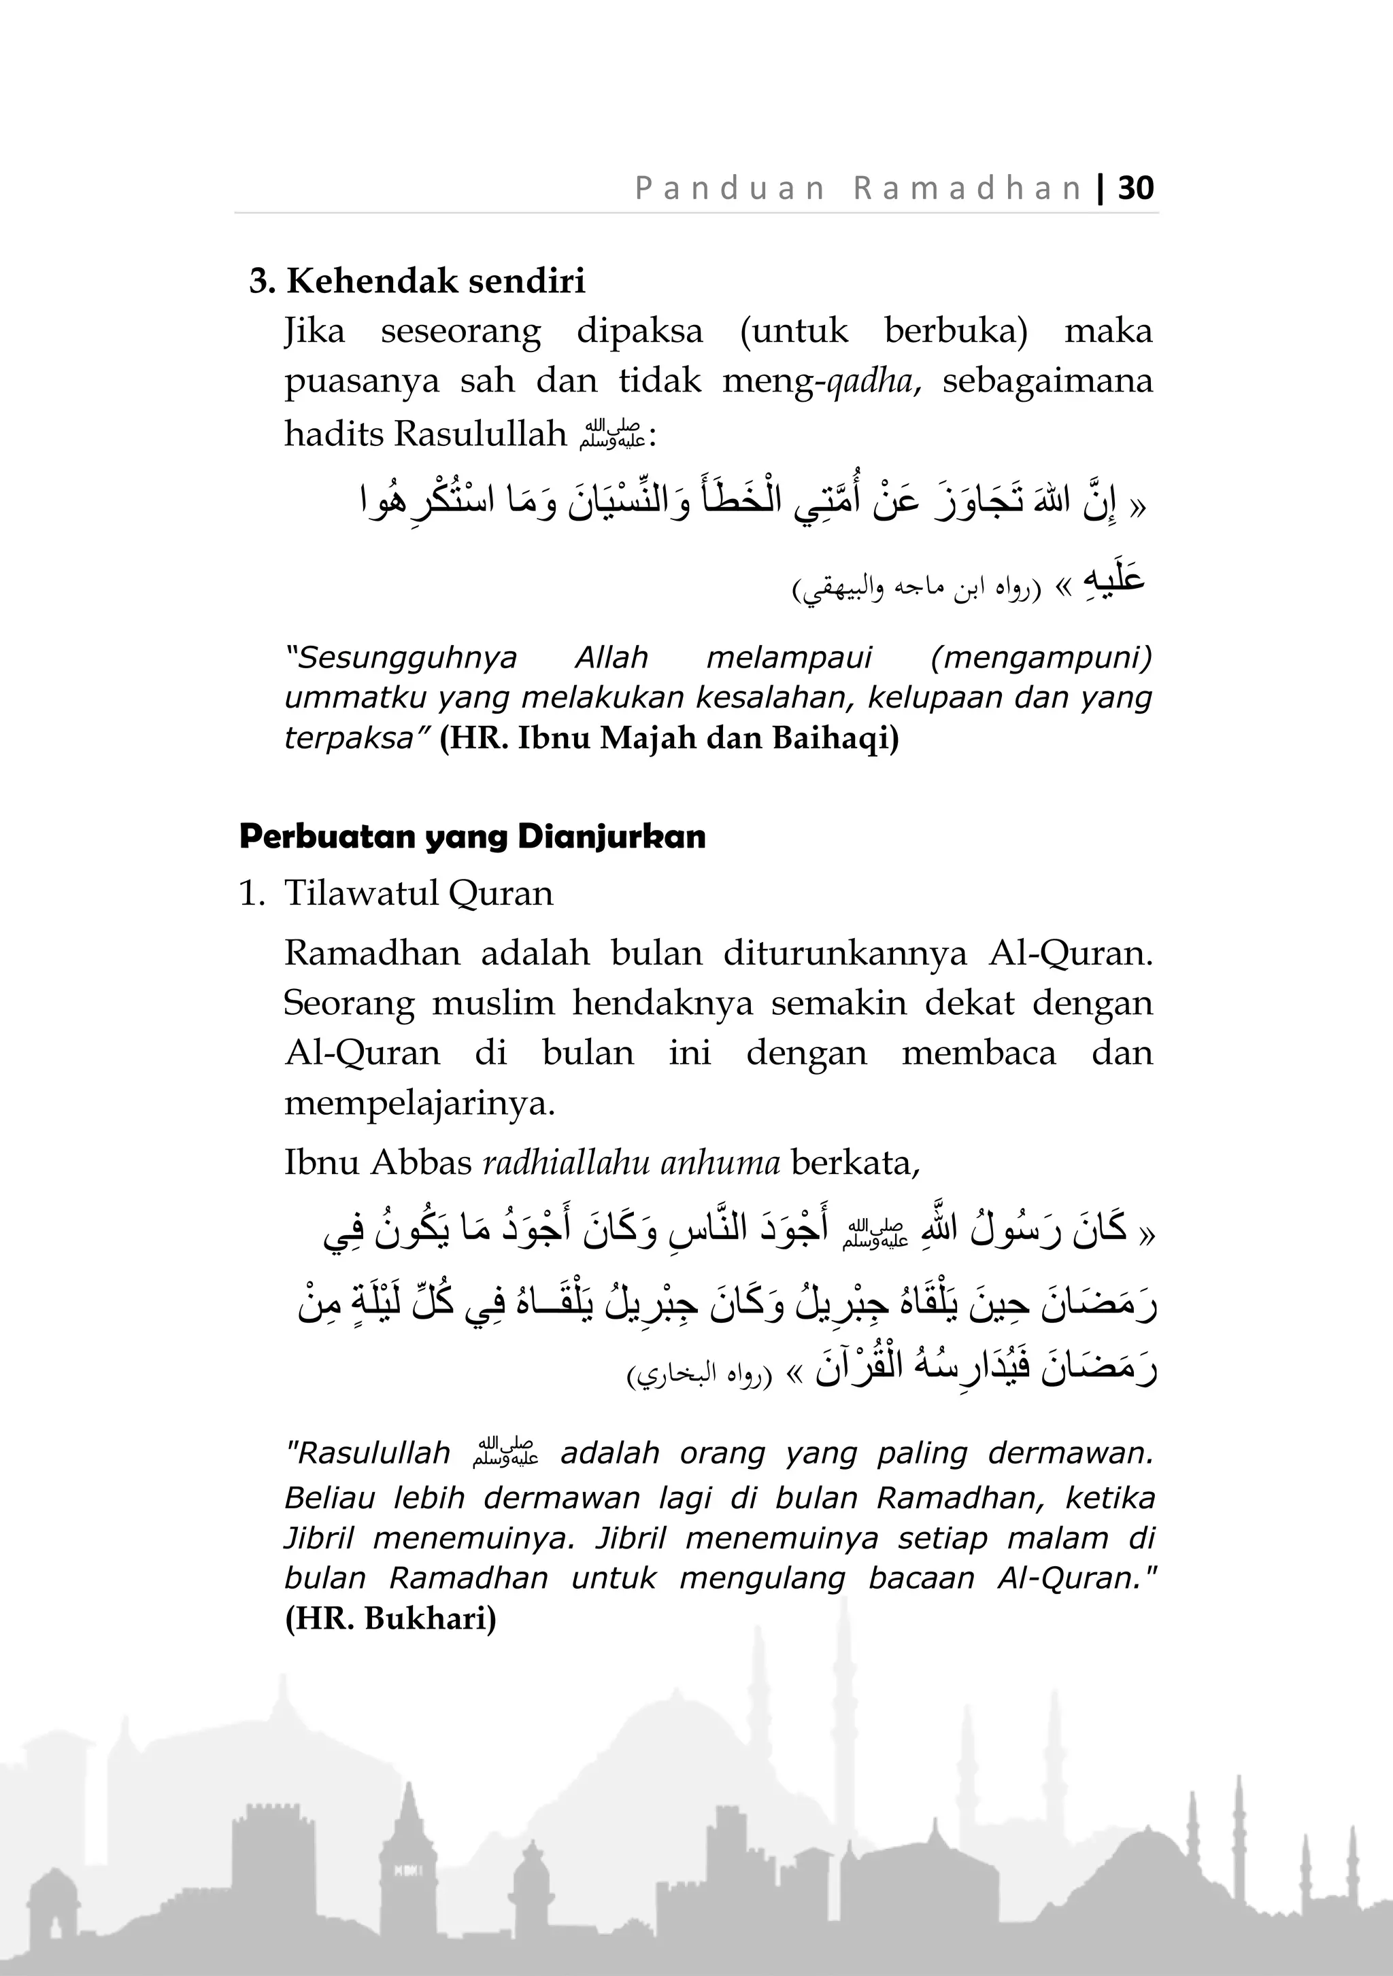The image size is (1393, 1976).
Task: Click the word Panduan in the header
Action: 730,188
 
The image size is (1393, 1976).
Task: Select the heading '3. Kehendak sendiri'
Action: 417,281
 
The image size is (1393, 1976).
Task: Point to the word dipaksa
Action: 639,330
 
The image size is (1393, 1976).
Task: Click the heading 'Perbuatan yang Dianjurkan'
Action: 472,837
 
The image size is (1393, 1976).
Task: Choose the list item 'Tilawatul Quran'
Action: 418,893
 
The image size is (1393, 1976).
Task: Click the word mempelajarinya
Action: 419,1103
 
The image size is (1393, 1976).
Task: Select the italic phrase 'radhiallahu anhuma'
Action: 631,1163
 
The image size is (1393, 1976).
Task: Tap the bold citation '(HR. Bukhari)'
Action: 390,1619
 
